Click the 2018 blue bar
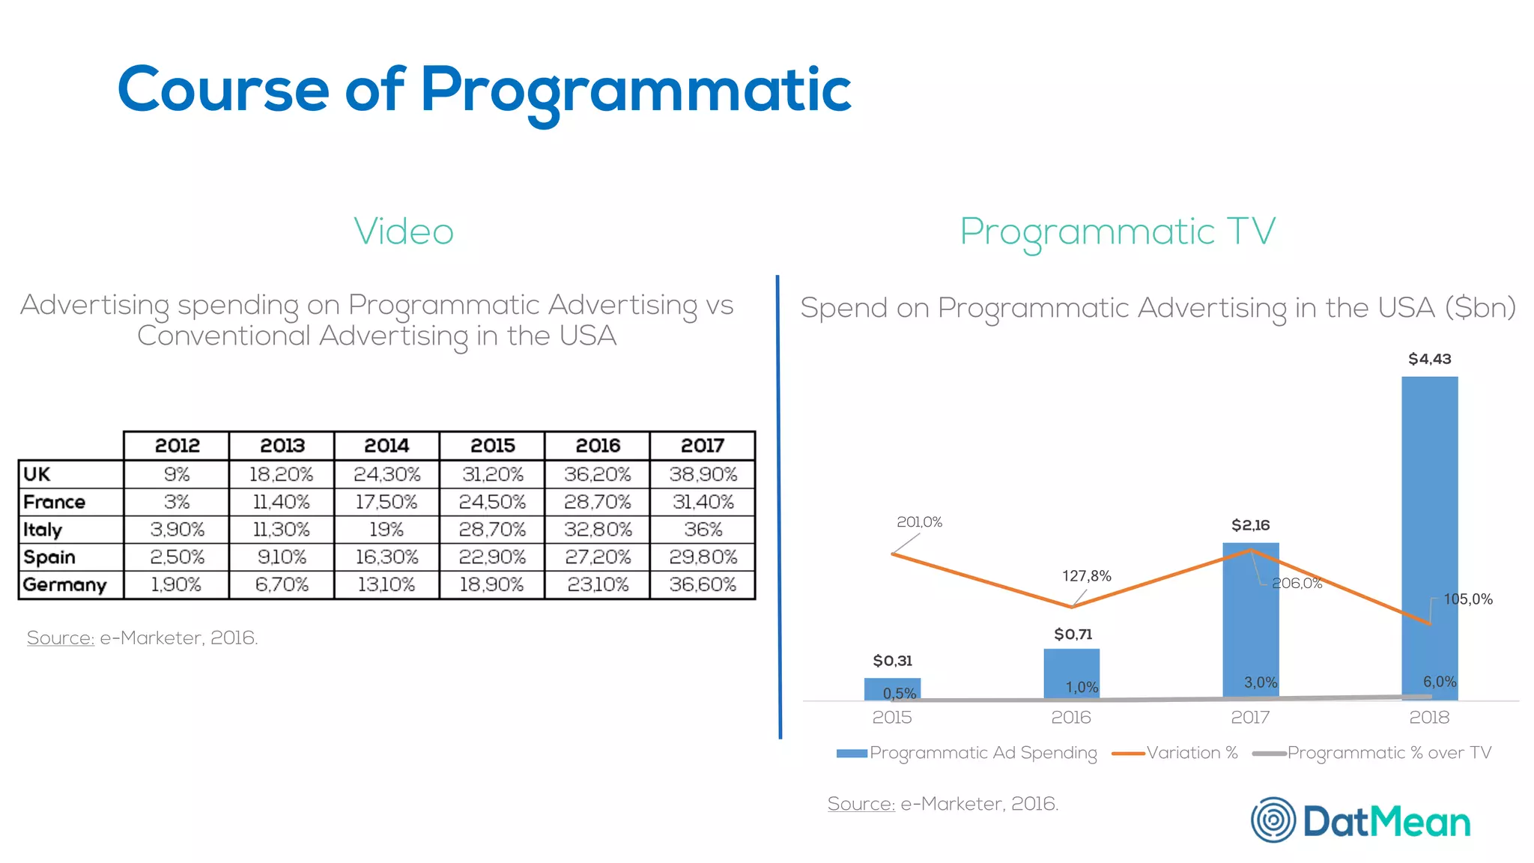point(1429,524)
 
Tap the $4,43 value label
point(1429,359)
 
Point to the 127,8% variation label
point(1086,576)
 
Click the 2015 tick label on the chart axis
point(891,717)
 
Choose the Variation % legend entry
point(1191,753)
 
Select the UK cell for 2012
point(177,474)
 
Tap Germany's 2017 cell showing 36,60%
point(703,584)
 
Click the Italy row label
point(43,530)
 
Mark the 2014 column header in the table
point(386,446)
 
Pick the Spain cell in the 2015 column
point(492,557)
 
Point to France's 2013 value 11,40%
point(282,502)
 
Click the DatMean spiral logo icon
point(1273,820)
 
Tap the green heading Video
point(404,231)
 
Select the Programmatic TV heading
point(1118,231)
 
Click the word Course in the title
point(223,90)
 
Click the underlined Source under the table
point(61,638)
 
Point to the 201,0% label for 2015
point(919,521)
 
